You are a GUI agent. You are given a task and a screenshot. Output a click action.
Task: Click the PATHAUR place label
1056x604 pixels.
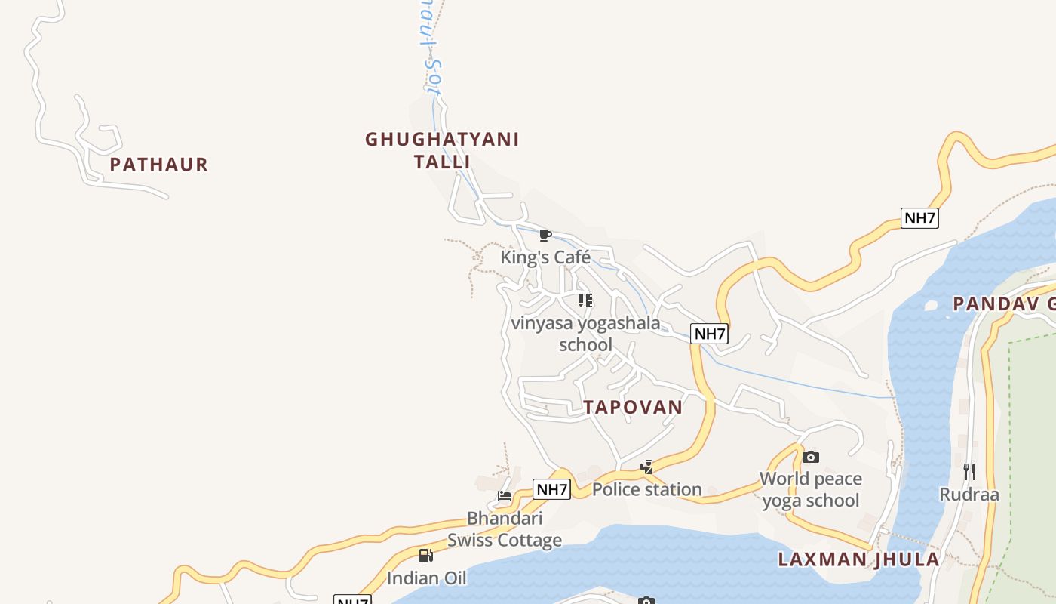point(158,165)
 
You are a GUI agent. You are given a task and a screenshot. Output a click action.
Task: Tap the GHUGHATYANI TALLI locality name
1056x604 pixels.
point(442,150)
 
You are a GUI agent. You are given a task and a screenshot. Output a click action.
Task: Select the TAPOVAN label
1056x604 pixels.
point(633,407)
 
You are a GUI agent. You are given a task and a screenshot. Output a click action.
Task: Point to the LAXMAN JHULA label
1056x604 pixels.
point(858,559)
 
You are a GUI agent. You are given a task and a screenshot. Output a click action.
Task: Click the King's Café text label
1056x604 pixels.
point(545,257)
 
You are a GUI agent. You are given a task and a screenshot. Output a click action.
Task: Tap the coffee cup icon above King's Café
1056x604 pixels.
point(545,236)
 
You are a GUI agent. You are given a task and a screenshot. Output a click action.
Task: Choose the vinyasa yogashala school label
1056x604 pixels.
point(585,334)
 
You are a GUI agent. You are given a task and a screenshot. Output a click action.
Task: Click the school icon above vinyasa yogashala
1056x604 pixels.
point(585,300)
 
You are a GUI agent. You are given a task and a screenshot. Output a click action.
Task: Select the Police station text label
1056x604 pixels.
point(646,489)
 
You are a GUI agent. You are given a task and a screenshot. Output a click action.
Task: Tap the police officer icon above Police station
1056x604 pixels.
point(646,467)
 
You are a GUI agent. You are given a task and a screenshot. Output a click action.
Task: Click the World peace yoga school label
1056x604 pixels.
point(811,489)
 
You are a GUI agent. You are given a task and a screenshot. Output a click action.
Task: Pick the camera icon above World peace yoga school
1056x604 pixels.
point(811,457)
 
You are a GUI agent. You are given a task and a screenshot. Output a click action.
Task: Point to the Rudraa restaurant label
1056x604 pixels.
point(969,495)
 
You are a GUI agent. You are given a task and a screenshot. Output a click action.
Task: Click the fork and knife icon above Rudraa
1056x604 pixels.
point(969,472)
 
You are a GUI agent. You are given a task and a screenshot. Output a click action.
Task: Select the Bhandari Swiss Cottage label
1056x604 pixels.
point(505,529)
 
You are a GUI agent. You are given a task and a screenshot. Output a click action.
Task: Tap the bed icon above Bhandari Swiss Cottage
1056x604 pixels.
point(505,496)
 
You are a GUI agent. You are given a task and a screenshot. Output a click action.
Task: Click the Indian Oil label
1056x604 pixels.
point(426,578)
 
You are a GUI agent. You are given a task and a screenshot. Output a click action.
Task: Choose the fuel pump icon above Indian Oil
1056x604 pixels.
point(426,556)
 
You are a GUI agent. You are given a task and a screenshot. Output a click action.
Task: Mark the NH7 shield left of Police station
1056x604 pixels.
point(551,489)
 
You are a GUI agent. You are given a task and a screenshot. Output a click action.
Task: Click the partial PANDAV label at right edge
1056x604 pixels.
point(1003,304)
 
